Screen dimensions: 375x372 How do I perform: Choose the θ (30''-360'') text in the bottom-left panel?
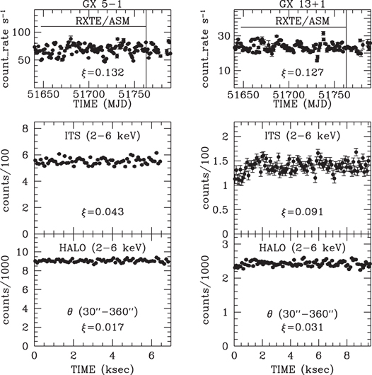[x=103, y=311]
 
